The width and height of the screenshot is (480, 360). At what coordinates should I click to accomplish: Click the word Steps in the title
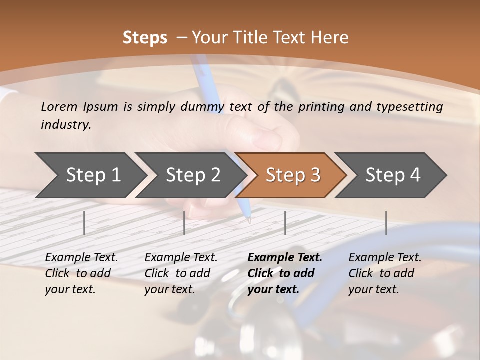tap(145, 38)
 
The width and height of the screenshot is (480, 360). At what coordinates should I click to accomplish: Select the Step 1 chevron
tap(90, 175)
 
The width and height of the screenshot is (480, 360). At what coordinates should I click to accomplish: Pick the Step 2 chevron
tap(190, 175)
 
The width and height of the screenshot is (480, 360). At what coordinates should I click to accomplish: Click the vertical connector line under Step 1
tap(84, 223)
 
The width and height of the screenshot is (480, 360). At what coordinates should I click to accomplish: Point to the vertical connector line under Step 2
tap(184, 223)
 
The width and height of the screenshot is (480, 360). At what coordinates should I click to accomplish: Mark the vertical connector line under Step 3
tap(285, 223)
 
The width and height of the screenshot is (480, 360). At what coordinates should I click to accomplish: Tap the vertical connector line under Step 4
tap(386, 223)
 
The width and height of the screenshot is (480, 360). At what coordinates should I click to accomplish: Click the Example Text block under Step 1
tap(81, 273)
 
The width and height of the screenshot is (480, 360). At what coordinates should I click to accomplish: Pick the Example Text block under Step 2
tap(181, 273)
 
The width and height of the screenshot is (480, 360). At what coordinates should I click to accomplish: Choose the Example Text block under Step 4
tap(385, 273)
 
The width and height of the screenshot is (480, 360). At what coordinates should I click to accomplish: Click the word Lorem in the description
tap(59, 106)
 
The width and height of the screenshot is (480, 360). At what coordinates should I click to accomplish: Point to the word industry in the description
tap(66, 124)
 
